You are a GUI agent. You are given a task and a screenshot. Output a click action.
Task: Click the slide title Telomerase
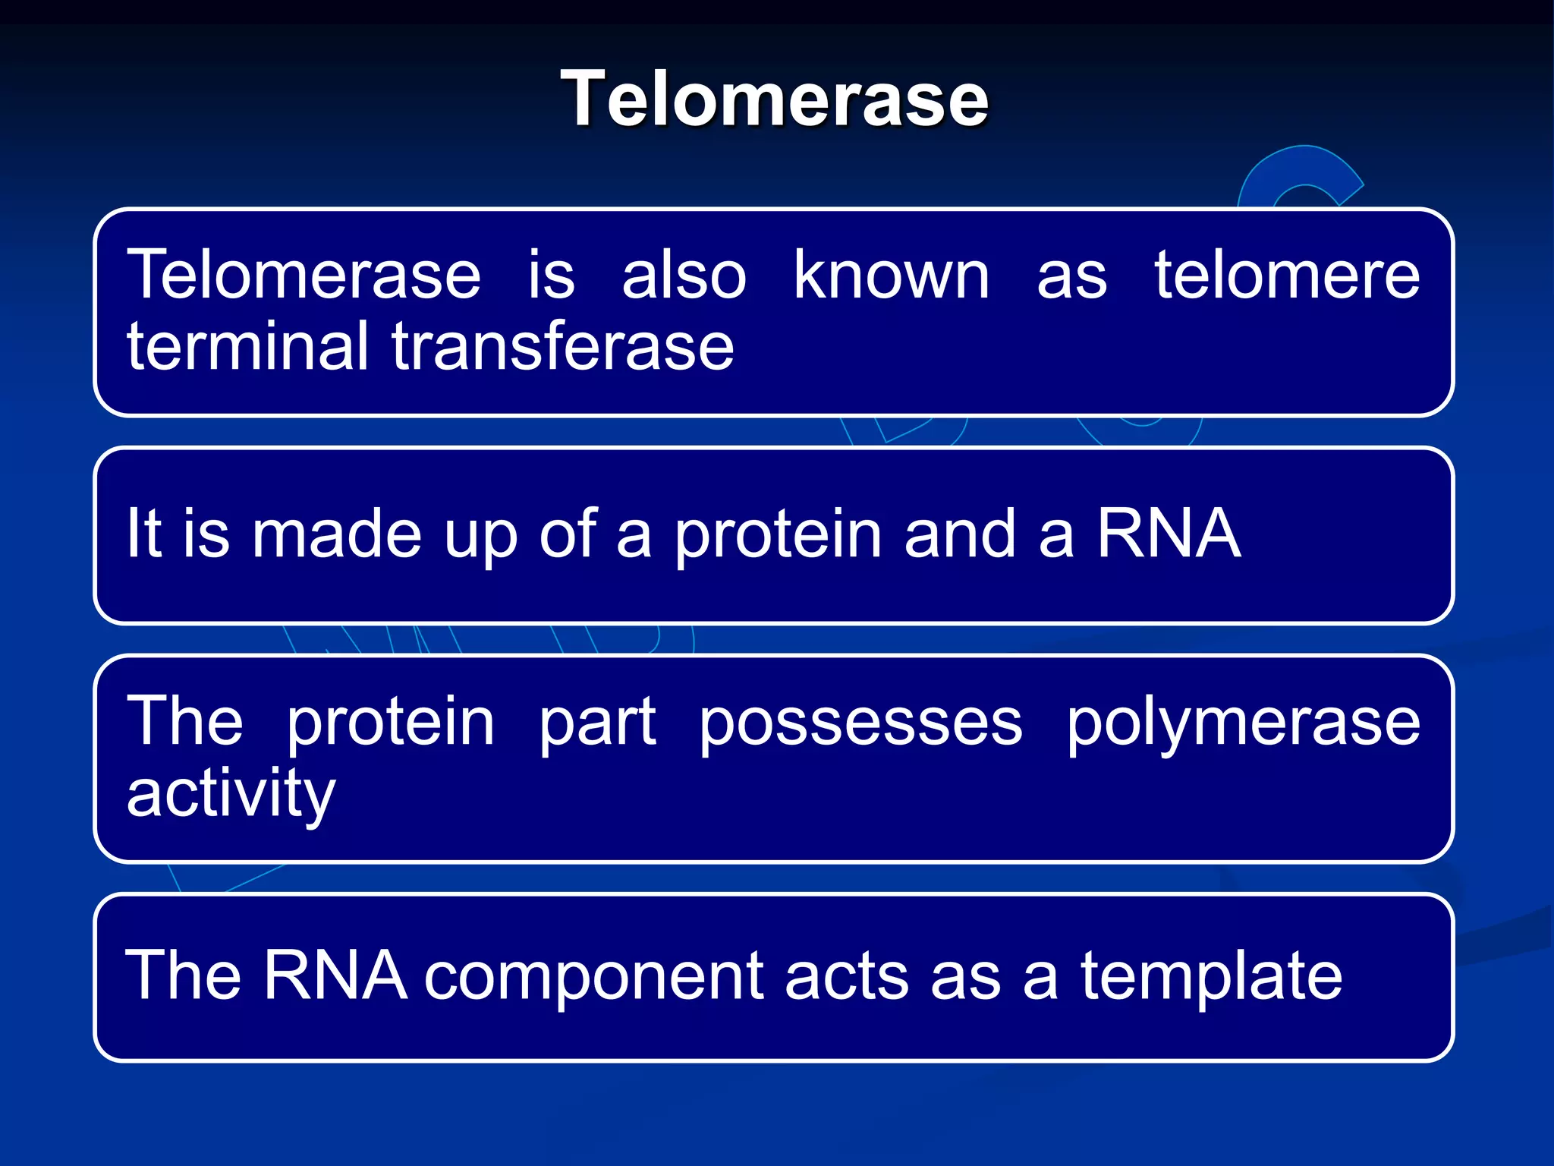(x=775, y=99)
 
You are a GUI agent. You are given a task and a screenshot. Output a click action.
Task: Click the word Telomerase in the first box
(x=304, y=276)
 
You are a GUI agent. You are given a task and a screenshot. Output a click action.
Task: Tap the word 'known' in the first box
(x=891, y=276)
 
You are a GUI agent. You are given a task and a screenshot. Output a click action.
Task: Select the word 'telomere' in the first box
(x=1287, y=276)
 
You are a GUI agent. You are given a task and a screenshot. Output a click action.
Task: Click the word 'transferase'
(x=562, y=347)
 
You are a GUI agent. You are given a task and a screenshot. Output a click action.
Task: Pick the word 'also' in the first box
(x=684, y=276)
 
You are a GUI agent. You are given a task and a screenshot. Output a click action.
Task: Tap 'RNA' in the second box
(x=1169, y=534)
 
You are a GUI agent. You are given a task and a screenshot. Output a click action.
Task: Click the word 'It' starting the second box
(x=143, y=534)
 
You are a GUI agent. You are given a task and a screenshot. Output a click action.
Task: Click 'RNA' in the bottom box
(x=335, y=976)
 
